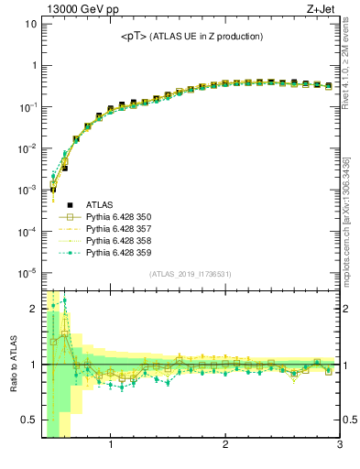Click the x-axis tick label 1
tap(111, 446)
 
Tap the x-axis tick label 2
tap(225, 446)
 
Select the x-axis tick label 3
tap(339, 446)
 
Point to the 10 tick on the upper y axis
tap(29, 24)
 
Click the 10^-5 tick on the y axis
tap(27, 272)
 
